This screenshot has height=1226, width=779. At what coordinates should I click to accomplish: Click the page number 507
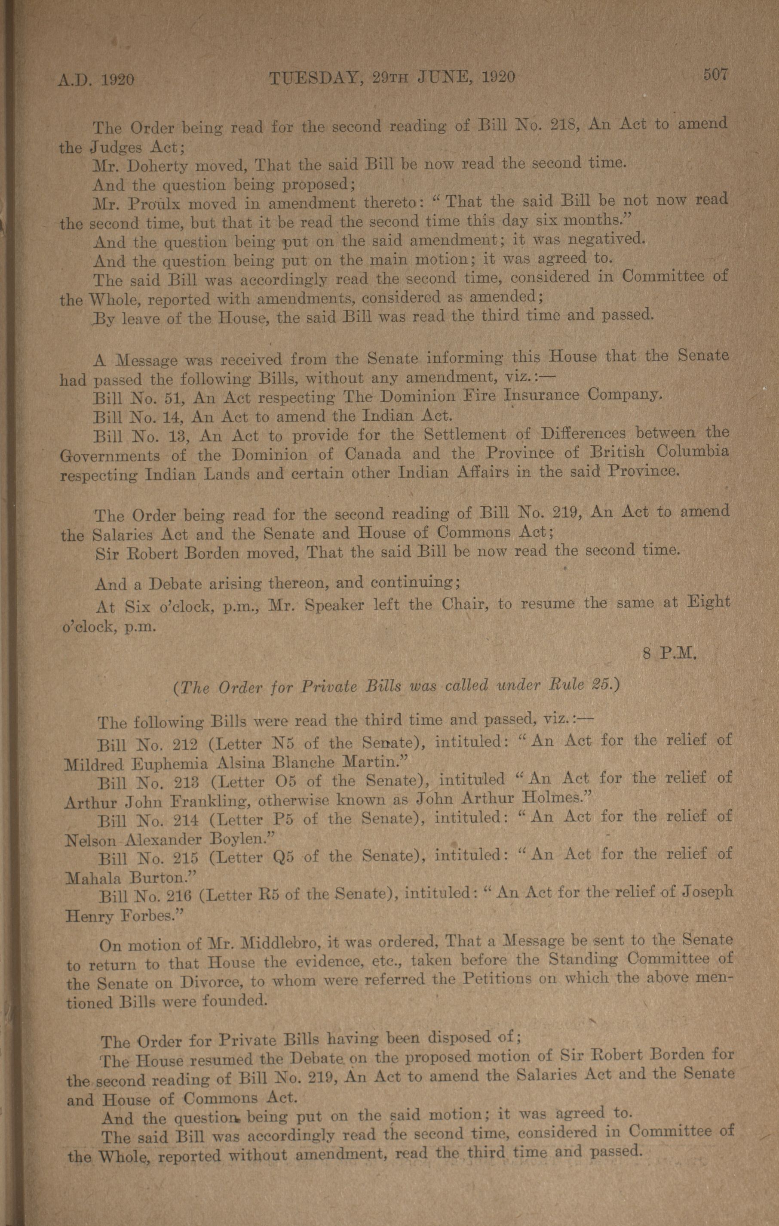(x=716, y=75)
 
